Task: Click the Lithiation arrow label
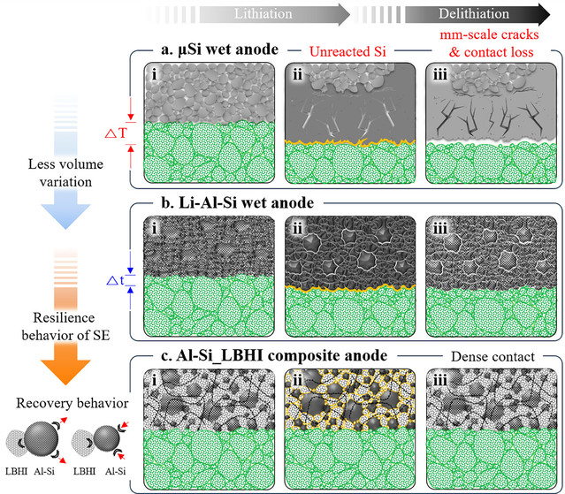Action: [263, 13]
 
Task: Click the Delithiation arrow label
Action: [474, 13]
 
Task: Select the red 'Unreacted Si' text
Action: [347, 52]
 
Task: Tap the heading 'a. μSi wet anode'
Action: [220, 49]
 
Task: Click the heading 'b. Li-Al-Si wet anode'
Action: [238, 202]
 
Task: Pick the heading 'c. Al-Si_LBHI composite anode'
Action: [274, 356]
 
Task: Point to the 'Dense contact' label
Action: [492, 356]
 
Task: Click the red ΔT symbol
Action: [117, 133]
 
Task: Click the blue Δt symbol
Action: [115, 281]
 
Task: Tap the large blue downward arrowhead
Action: [65, 216]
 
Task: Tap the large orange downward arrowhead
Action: [65, 371]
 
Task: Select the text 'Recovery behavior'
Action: [73, 403]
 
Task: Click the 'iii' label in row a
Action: [440, 75]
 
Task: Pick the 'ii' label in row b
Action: [298, 228]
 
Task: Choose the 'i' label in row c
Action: [154, 381]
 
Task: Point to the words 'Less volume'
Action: [65, 164]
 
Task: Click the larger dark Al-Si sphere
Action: [41, 439]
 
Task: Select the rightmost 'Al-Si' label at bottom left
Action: [115, 471]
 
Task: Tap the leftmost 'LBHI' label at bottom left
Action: [16, 471]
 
